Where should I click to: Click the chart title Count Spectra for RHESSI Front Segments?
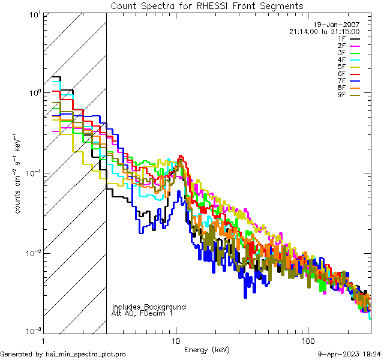pyautogui.click(x=207, y=6)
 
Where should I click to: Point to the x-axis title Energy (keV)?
pyautogui.click(x=207, y=349)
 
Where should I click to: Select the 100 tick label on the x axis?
pyautogui.click(x=307, y=339)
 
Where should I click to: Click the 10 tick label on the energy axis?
pyautogui.click(x=176, y=339)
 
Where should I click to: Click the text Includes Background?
pyautogui.click(x=149, y=307)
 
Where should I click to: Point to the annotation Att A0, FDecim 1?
pyautogui.click(x=142, y=314)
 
